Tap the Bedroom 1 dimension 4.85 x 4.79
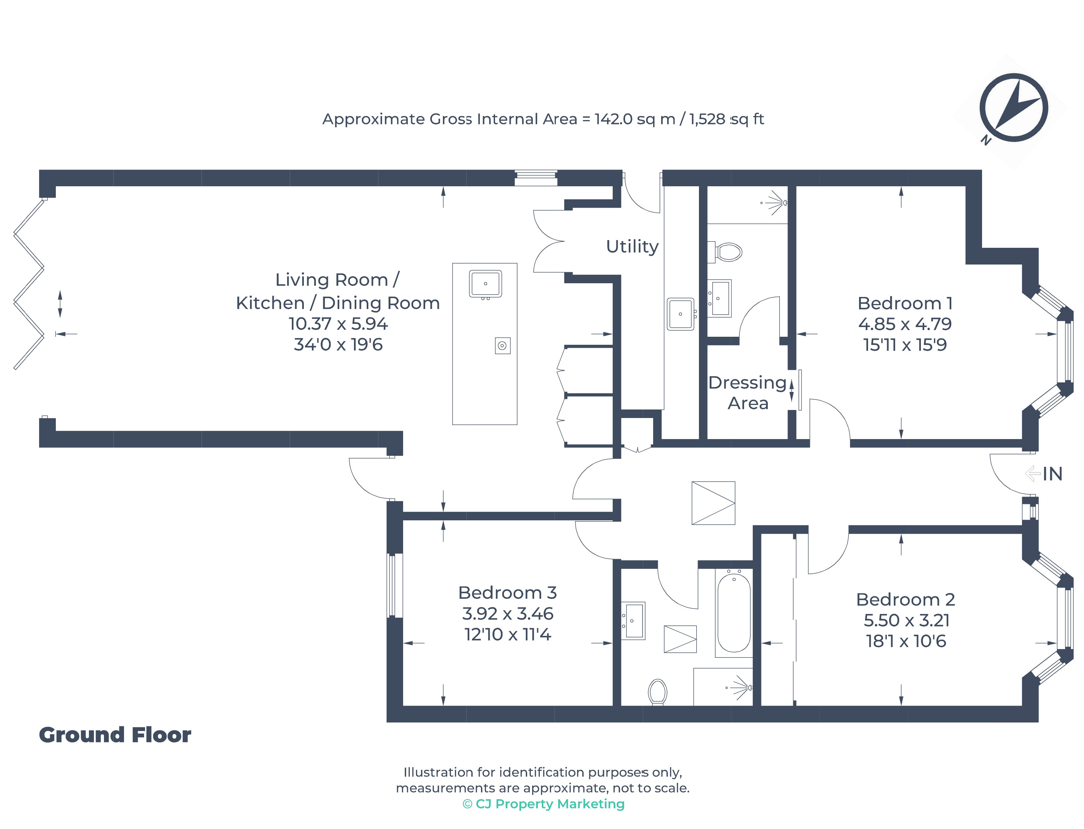[x=905, y=324]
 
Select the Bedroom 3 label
[x=507, y=593]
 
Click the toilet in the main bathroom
[x=657, y=692]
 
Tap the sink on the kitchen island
[x=485, y=284]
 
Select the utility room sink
[x=680, y=314]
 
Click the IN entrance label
[x=1052, y=474]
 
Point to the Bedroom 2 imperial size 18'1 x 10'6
[x=906, y=641]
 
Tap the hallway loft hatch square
[x=713, y=503]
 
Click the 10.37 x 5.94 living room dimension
[x=338, y=324]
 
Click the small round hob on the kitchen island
[x=502, y=345]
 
